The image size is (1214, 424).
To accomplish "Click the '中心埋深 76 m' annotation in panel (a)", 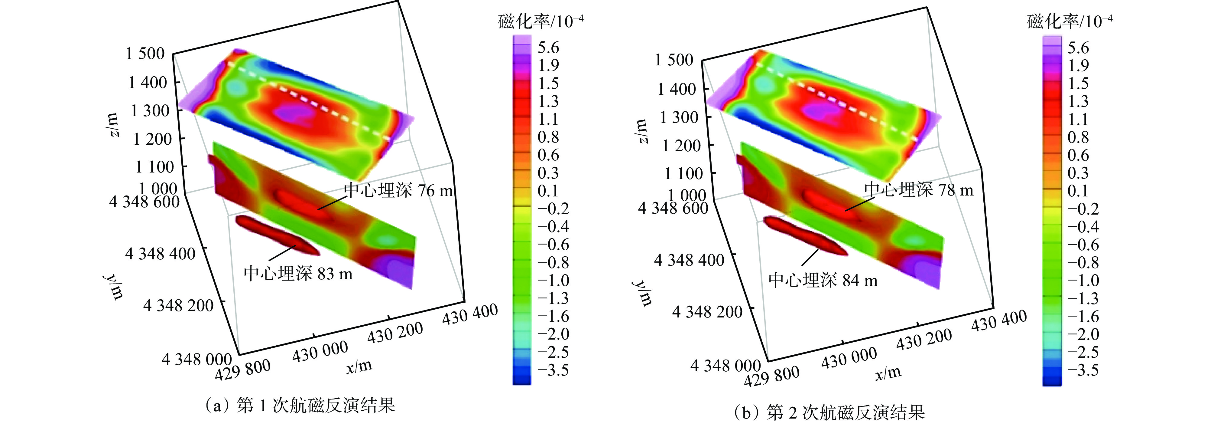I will tap(398, 190).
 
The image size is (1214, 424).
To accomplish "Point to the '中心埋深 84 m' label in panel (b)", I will tap(823, 281).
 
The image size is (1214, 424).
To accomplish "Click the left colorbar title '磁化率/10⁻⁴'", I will tap(540, 21).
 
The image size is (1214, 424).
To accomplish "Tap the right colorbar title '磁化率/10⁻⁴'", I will tap(1070, 21).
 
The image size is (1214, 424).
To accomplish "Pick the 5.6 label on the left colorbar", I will tap(548, 48).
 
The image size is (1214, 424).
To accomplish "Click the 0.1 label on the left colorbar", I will tap(548, 191).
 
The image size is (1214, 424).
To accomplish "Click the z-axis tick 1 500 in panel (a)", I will tap(145, 53).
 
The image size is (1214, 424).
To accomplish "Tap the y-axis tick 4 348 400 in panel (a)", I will tap(160, 254).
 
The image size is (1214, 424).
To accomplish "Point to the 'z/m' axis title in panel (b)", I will tap(642, 131).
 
